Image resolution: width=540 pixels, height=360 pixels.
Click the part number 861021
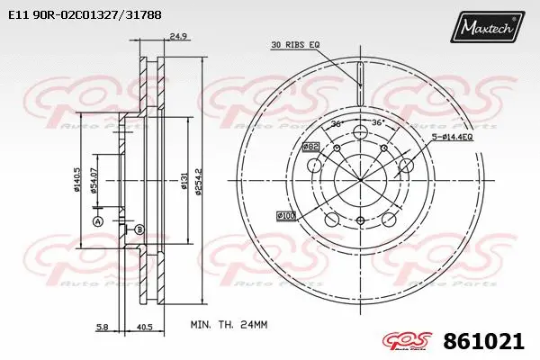(x=482, y=341)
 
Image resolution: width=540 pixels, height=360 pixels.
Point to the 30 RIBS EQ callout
(x=295, y=44)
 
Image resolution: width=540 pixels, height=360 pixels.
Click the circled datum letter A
(x=98, y=221)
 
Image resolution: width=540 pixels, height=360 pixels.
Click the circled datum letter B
(x=139, y=230)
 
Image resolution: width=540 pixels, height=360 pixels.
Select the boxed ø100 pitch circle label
(x=286, y=216)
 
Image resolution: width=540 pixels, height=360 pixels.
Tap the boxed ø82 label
(x=311, y=146)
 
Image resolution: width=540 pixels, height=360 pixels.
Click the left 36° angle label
(x=337, y=123)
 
